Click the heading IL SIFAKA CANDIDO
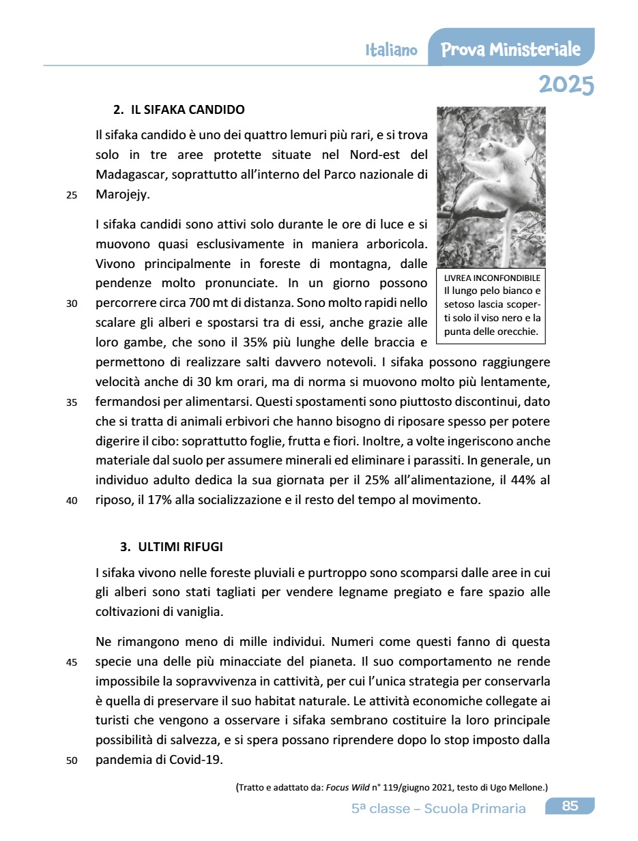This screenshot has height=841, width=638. tap(187, 109)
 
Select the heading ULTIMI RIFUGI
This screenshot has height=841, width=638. tap(180, 547)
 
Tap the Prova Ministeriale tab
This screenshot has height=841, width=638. tap(510, 50)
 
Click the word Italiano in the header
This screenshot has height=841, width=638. tap(391, 50)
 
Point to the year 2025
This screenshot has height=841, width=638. tap(566, 85)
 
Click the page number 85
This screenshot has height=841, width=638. tap(570, 806)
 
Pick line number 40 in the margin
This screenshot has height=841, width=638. tap(72, 501)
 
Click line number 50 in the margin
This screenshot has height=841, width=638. tap(72, 761)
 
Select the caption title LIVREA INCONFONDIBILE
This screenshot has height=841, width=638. tap(491, 278)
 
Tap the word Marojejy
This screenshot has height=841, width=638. tap(123, 194)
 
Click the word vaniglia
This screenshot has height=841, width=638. tap(198, 611)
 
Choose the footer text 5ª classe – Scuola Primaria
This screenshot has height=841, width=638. tap(439, 808)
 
